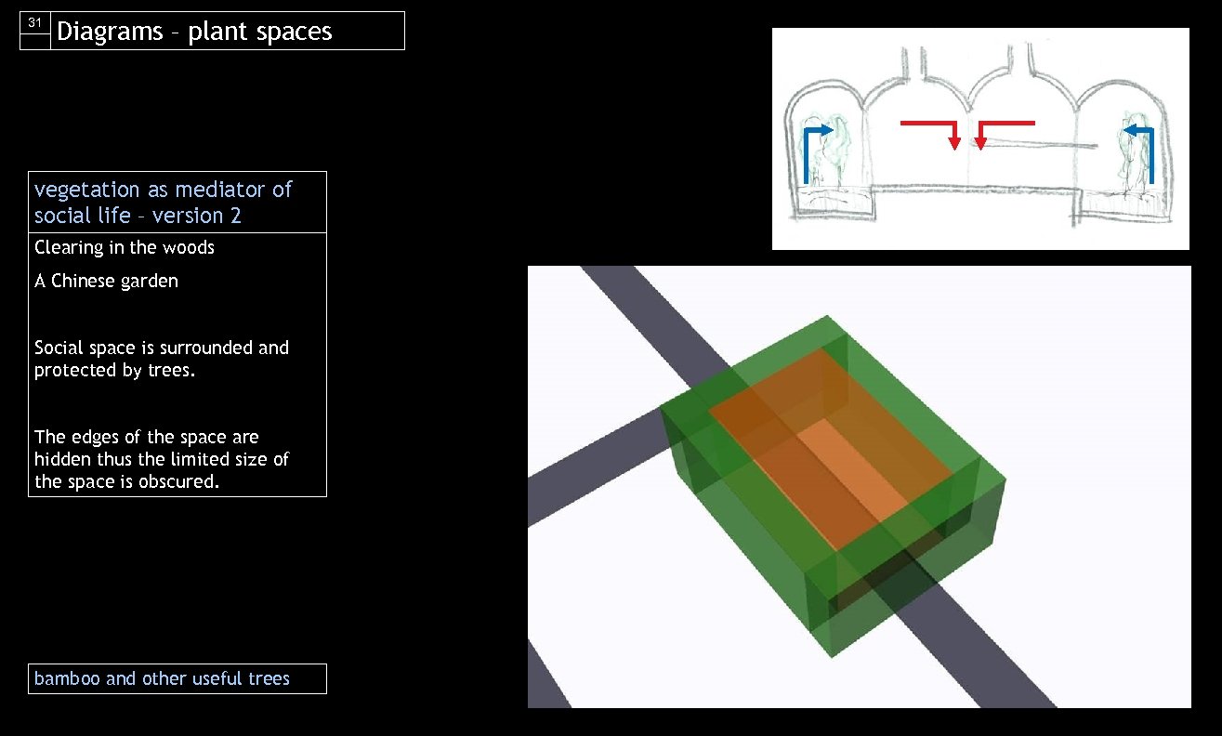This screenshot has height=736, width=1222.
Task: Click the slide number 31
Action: coord(35,22)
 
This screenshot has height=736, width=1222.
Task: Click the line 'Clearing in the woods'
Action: coord(125,247)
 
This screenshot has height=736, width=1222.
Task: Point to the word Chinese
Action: coord(85,281)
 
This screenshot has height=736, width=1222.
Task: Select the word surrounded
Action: coord(207,348)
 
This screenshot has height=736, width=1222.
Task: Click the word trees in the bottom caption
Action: coord(269,678)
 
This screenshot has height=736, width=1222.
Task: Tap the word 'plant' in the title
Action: coord(218,32)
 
